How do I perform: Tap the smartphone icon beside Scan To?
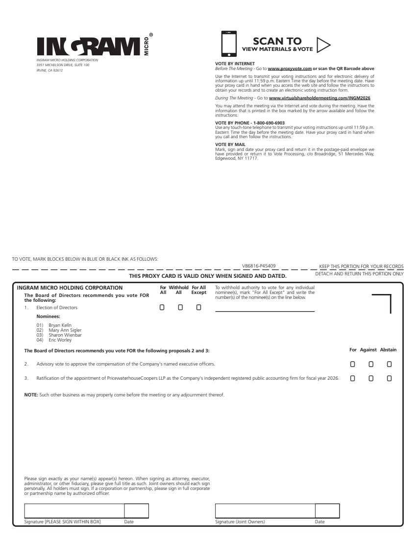click(229, 44)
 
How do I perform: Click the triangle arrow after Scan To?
click(323, 45)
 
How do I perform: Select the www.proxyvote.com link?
click(290, 69)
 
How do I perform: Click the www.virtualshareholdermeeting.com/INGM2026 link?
click(319, 98)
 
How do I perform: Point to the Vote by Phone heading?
click(250, 122)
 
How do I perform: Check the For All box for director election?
click(162, 308)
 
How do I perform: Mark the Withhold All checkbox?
click(180, 308)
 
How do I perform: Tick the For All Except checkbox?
click(198, 308)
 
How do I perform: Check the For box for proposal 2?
click(352, 364)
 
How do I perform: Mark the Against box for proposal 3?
click(371, 379)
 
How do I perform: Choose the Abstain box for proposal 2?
click(389, 364)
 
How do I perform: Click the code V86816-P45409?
click(259, 266)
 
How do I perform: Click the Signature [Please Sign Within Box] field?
click(74, 511)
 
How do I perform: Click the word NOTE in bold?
click(31, 394)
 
